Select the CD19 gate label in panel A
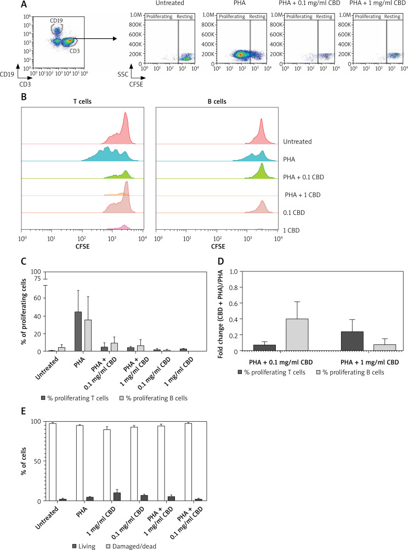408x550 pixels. tap(56, 21)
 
